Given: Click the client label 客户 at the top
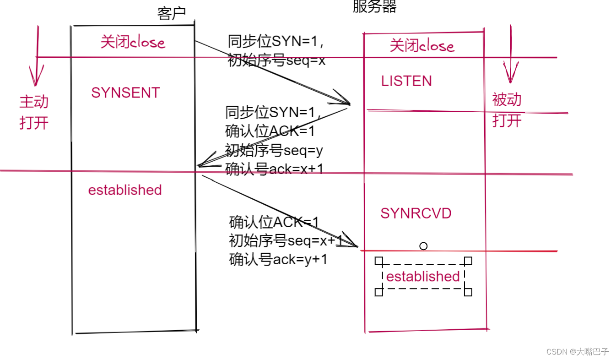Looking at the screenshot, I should coord(171,14).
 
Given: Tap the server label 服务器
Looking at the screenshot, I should coord(374,6).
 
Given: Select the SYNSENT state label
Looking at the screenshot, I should coord(125,93).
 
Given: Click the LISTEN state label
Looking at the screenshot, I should coord(406,81).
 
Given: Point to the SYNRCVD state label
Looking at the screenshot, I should coord(416,213).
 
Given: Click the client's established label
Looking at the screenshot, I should coord(125,190).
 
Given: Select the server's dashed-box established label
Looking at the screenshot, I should coord(423,276).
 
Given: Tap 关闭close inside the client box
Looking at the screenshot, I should coord(133,42).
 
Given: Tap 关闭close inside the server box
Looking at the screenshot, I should coord(422,46).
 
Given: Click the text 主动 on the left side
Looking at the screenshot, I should coord(34,102).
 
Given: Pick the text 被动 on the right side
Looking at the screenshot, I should coord(507,99).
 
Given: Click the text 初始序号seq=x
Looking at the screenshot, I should coord(276,60).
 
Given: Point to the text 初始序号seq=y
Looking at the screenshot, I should coord(274,150).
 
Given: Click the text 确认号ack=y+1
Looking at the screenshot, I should coord(278,259).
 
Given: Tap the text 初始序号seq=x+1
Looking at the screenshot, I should coord(285,240).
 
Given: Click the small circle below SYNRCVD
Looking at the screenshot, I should coord(423,246).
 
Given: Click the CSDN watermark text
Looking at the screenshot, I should coord(578,351).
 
